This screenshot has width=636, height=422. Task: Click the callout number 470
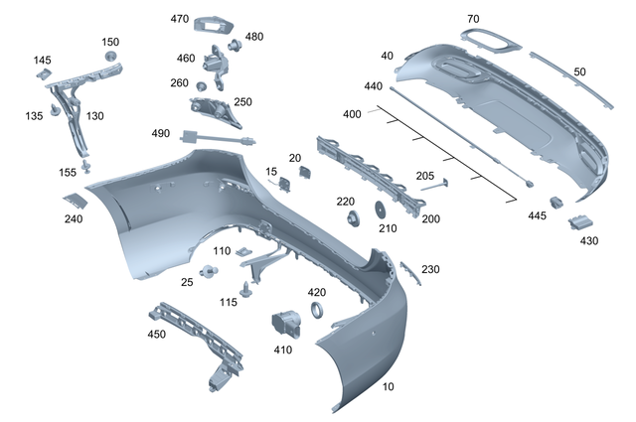pos(180,19)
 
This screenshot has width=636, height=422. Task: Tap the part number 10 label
pos(387,386)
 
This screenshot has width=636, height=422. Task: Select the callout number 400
pos(352,114)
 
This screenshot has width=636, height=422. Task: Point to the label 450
pos(156,335)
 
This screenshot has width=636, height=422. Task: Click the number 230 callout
pos(430,269)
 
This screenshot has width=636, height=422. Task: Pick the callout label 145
pos(42,61)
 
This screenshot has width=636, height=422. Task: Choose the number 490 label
pos(161,134)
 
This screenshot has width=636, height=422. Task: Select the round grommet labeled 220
pos(352,216)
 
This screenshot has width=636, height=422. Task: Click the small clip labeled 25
pos(209,272)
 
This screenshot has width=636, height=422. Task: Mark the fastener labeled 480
pos(236,45)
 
